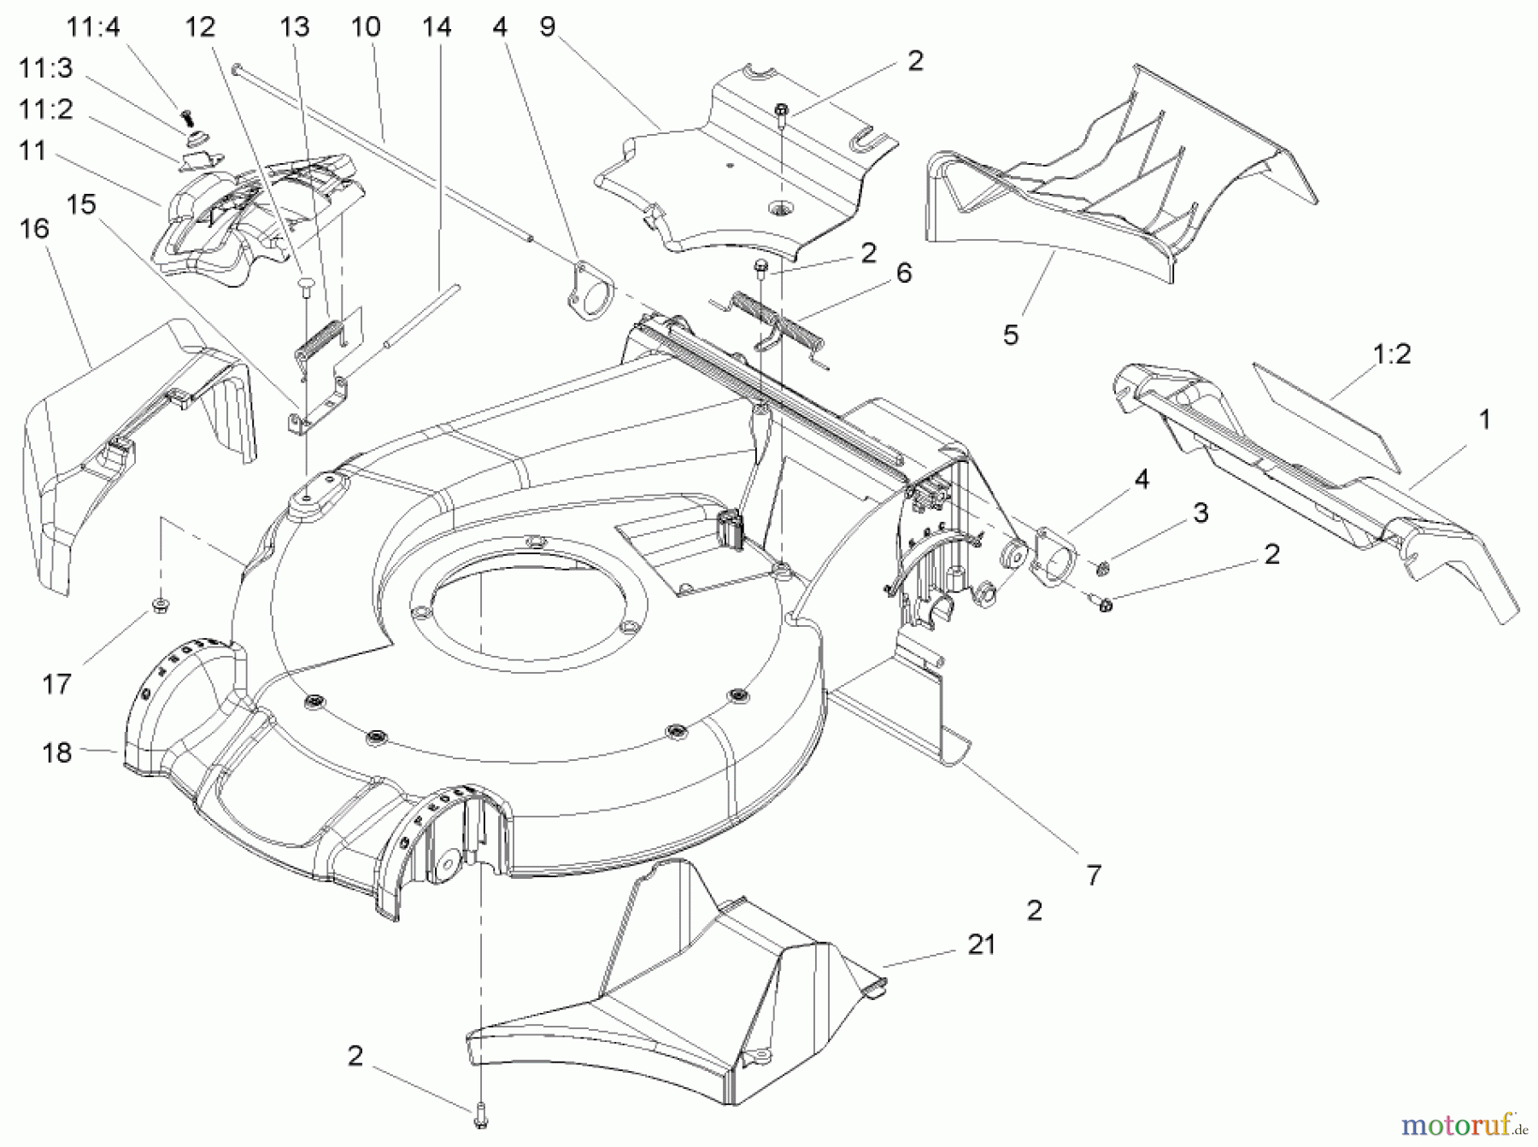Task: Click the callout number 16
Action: [x=34, y=230]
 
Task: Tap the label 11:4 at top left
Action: [x=94, y=26]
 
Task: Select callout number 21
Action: [x=981, y=945]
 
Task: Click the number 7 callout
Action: [x=1094, y=875]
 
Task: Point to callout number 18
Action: [x=57, y=752]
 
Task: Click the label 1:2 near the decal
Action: [x=1391, y=354]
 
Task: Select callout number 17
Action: [x=57, y=684]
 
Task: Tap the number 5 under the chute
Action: [x=1011, y=335]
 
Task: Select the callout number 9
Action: [x=548, y=26]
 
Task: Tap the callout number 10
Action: [x=366, y=26]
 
